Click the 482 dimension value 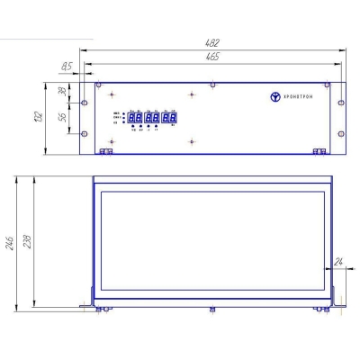tap(211, 42)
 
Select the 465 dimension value tap(211, 57)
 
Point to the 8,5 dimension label tap(67, 67)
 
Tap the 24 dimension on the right tap(338, 262)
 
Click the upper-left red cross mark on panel tap(111, 94)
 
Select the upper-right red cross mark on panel tap(191, 94)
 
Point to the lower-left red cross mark tap(111, 142)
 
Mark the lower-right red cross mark tap(191, 142)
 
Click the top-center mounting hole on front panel tap(212, 85)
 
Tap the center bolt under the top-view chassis tap(213, 310)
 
